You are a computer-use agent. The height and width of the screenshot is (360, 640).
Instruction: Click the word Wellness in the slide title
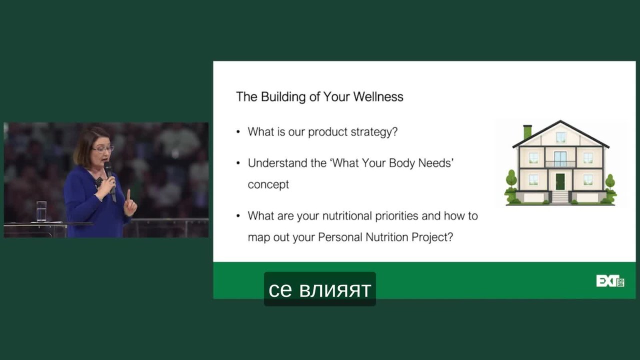click(378, 97)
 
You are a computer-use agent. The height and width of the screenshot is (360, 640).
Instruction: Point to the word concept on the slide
click(268, 185)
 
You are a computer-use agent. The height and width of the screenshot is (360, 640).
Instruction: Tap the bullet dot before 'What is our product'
click(238, 132)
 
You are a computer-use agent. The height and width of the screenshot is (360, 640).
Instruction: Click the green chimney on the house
click(527, 131)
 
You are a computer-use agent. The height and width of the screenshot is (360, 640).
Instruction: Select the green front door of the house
click(560, 181)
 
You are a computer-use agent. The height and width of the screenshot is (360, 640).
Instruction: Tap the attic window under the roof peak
click(560, 137)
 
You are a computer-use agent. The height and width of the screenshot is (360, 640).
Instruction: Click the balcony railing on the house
click(560, 164)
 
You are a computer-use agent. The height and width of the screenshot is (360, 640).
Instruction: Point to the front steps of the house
click(560, 197)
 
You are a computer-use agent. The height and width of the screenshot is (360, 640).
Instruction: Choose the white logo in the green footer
click(610, 281)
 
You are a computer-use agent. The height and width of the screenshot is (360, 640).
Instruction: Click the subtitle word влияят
click(335, 290)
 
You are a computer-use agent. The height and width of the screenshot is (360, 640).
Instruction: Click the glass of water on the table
click(41, 211)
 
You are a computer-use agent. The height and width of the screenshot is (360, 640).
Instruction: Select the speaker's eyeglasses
click(103, 149)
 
